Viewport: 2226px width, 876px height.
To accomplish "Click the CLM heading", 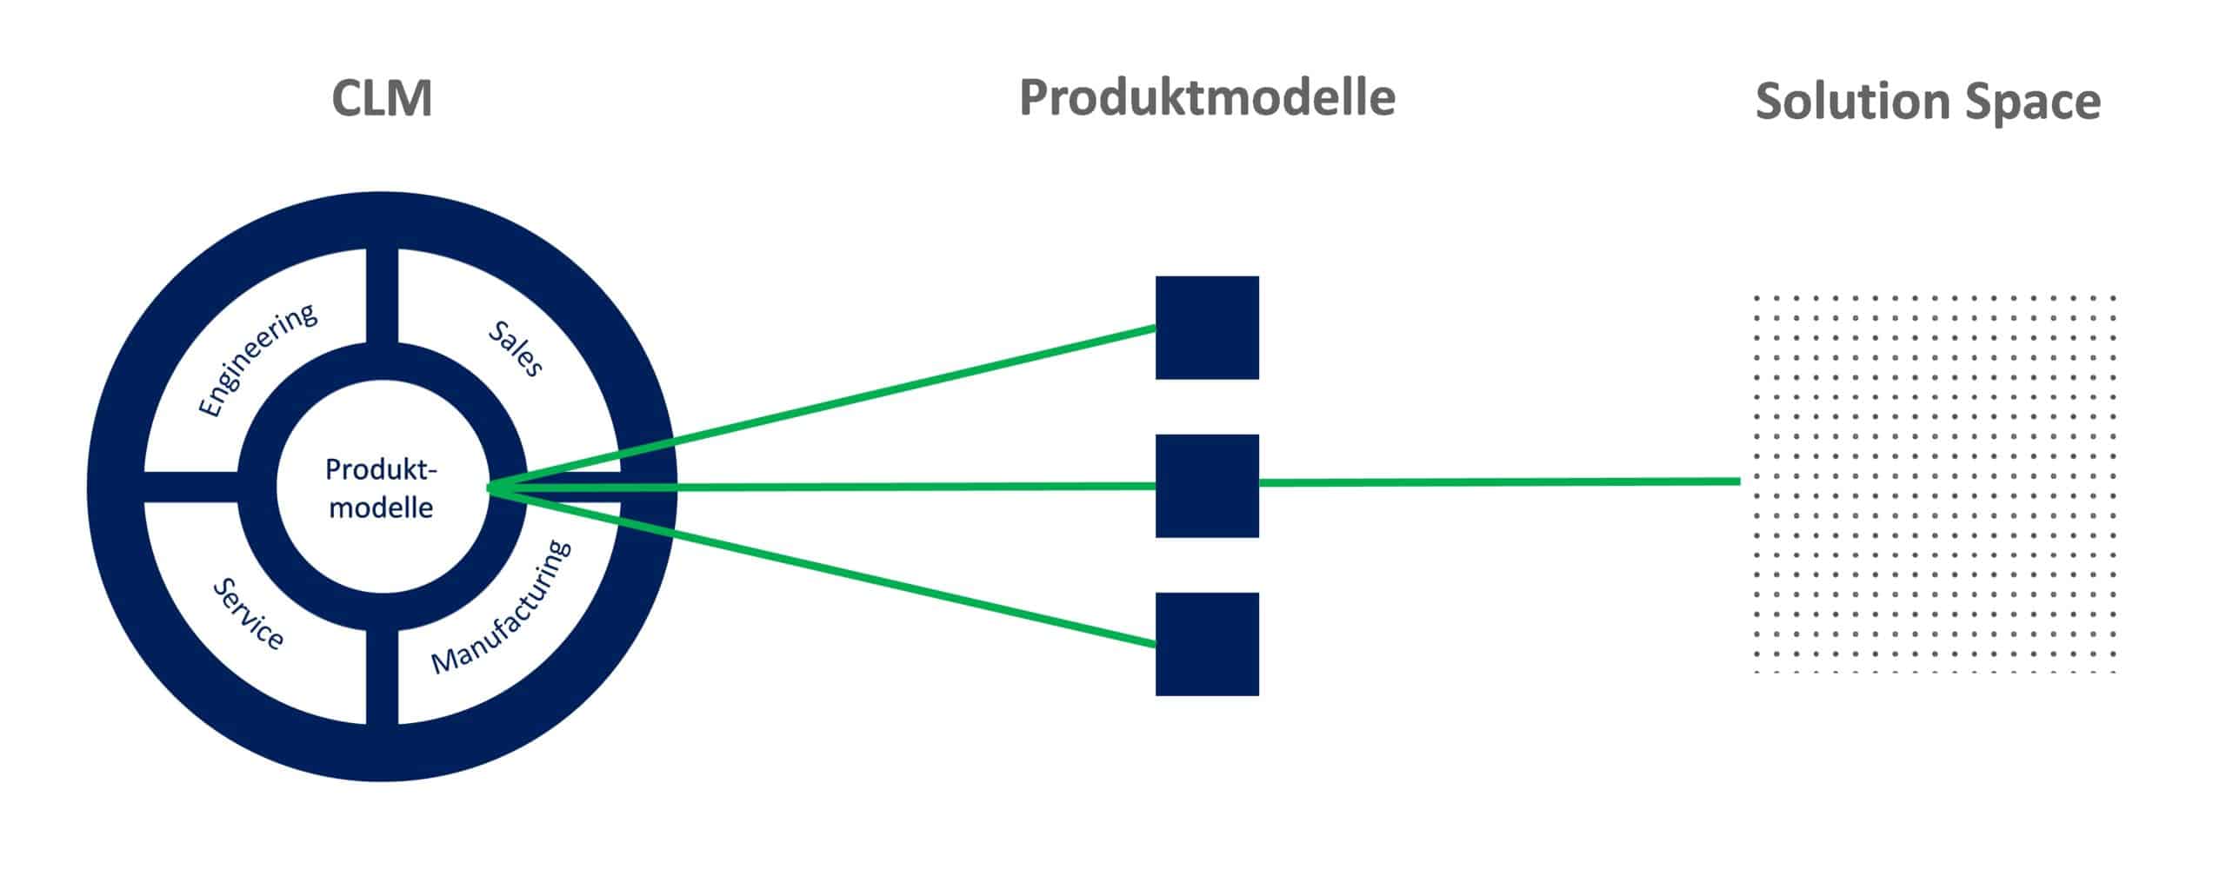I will (382, 99).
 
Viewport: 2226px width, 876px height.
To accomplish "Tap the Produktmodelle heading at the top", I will (1207, 97).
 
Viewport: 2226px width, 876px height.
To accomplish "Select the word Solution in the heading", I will (1849, 103).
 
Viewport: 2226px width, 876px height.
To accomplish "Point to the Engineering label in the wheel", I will (257, 361).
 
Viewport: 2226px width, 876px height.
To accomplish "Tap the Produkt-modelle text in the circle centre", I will (381, 488).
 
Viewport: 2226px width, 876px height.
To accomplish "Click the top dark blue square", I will (1207, 328).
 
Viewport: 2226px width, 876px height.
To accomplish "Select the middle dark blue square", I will (1207, 485).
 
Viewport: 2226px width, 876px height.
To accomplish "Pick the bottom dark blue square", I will (1207, 644).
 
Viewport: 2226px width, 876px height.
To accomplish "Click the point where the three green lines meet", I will (490, 488).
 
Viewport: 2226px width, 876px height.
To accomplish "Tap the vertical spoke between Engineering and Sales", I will (382, 295).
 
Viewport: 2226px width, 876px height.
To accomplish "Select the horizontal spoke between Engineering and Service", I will (190, 487).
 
